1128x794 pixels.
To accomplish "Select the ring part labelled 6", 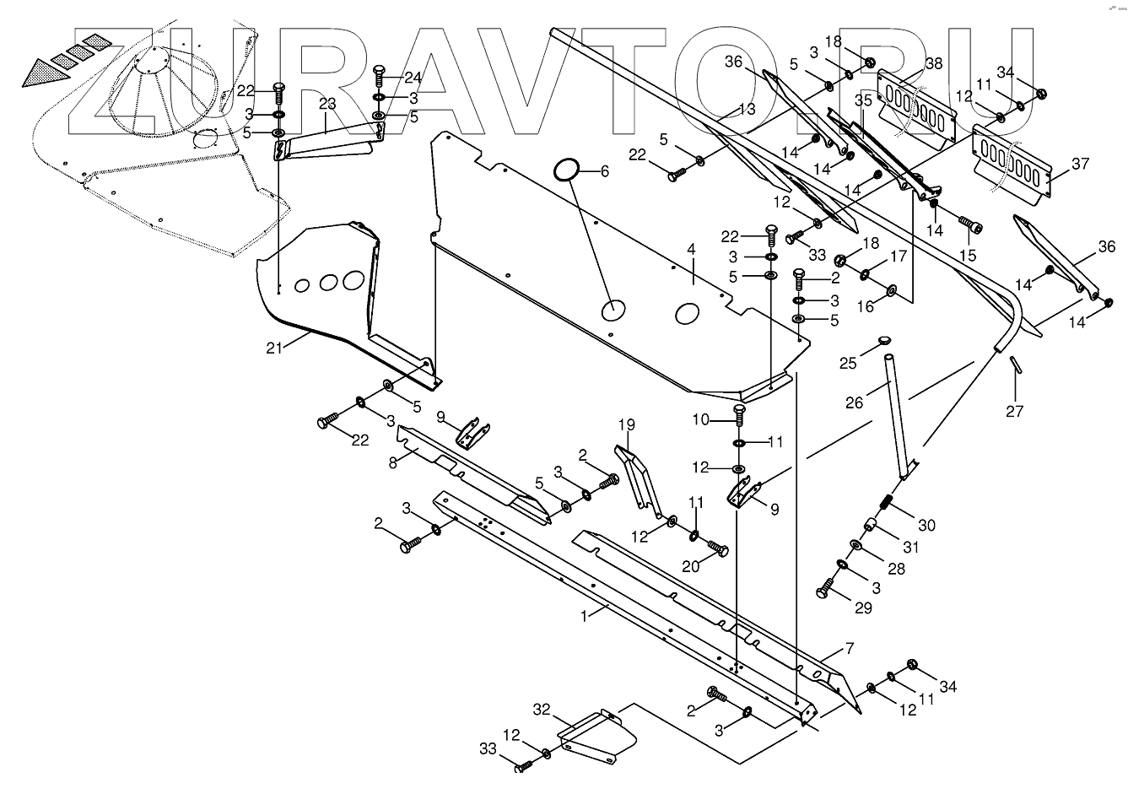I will [x=566, y=169].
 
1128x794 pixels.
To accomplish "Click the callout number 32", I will [x=542, y=708].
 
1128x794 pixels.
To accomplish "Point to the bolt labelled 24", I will [x=380, y=78].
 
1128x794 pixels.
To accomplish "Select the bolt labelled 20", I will [x=718, y=548].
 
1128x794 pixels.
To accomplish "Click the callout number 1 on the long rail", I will [x=584, y=615].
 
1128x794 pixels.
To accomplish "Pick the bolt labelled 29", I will [x=824, y=587].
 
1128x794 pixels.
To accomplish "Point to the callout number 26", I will [x=854, y=403].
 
